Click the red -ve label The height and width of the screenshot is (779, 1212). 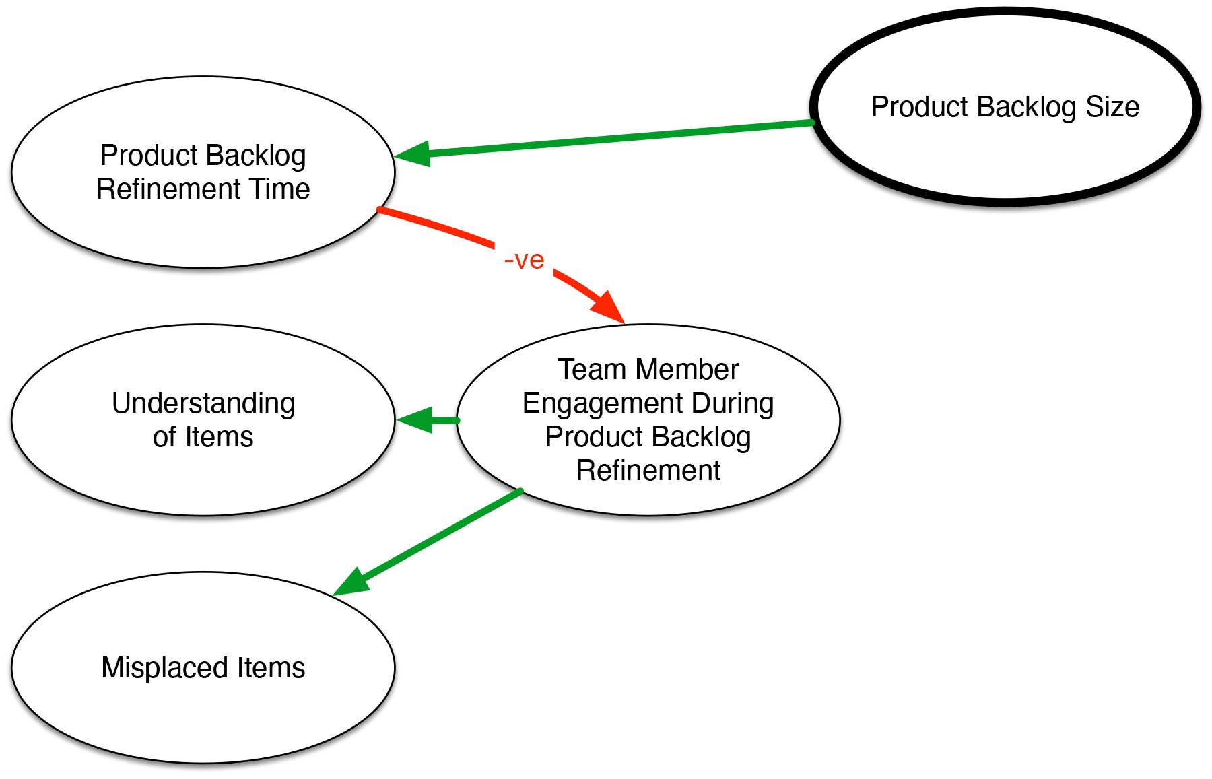tap(524, 260)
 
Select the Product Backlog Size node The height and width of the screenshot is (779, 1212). tap(1005, 106)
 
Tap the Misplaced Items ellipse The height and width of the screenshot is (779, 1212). tap(203, 667)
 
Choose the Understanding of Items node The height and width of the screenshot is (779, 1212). tap(203, 420)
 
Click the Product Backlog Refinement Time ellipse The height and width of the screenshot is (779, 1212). tap(203, 172)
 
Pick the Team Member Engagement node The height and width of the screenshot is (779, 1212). tap(648, 420)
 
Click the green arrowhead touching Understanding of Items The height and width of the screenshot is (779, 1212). tap(414, 420)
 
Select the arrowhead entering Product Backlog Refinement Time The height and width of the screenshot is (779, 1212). tap(412, 154)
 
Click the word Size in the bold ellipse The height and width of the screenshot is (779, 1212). tap(1112, 107)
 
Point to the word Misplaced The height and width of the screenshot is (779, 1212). tap(164, 668)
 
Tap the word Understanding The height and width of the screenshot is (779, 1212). tap(203, 404)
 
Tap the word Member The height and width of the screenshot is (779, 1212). tap(687, 370)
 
